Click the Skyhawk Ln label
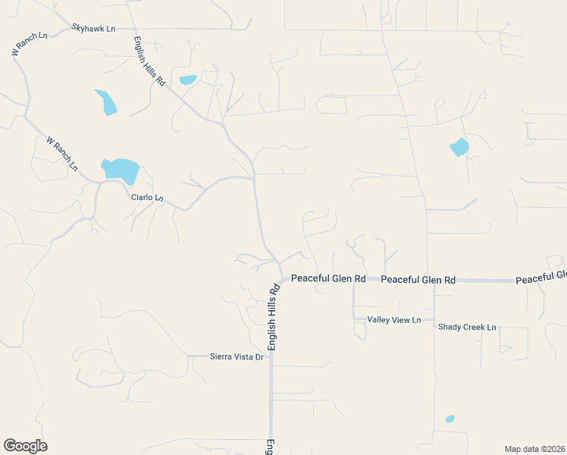(x=93, y=28)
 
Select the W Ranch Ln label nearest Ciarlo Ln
(x=62, y=152)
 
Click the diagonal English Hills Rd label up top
(x=149, y=61)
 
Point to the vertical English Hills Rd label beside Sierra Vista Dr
(x=272, y=316)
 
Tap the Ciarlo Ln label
(x=147, y=198)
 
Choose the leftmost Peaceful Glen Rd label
(x=328, y=278)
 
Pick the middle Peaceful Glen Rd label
(x=418, y=280)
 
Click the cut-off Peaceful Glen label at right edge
(x=541, y=278)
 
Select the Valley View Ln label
(x=393, y=320)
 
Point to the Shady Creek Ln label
(x=466, y=327)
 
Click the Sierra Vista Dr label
(x=236, y=356)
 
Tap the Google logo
(x=25, y=446)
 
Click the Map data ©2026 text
(x=534, y=449)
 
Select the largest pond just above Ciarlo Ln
(x=121, y=170)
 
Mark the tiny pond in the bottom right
(x=450, y=419)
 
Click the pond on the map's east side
(x=459, y=147)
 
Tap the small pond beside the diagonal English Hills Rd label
(x=187, y=80)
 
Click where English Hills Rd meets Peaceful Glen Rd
(x=280, y=279)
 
